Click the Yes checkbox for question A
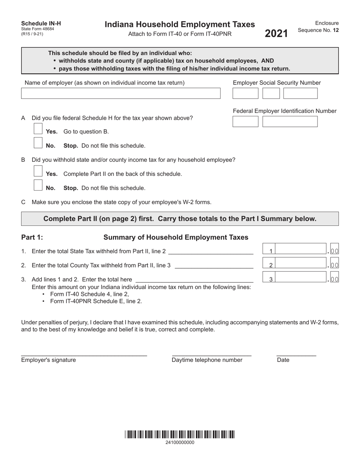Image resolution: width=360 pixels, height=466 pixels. click(38, 129)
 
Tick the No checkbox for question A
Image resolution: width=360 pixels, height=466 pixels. click(38, 143)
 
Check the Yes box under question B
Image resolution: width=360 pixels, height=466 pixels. click(38, 171)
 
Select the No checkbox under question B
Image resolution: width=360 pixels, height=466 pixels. click(38, 185)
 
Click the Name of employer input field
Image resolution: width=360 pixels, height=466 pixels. click(121, 94)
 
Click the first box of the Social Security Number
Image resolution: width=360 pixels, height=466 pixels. click(245, 94)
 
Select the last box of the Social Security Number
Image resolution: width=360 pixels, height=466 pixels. click(300, 94)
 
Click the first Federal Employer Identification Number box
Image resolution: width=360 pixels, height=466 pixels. click(245, 122)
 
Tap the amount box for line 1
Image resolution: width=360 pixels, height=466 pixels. click(301, 250)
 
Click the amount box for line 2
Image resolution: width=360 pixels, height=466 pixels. click(301, 264)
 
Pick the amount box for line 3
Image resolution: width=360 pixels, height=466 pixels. click(301, 278)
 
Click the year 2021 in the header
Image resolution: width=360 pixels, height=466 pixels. click(276, 34)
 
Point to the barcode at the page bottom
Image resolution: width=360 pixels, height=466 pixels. click(180, 435)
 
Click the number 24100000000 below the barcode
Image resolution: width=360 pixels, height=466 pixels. click(180, 443)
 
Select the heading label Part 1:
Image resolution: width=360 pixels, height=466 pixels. click(32, 238)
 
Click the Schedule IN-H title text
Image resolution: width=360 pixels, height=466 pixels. click(41, 23)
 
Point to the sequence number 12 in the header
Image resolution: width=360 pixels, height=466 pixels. click(336, 30)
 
